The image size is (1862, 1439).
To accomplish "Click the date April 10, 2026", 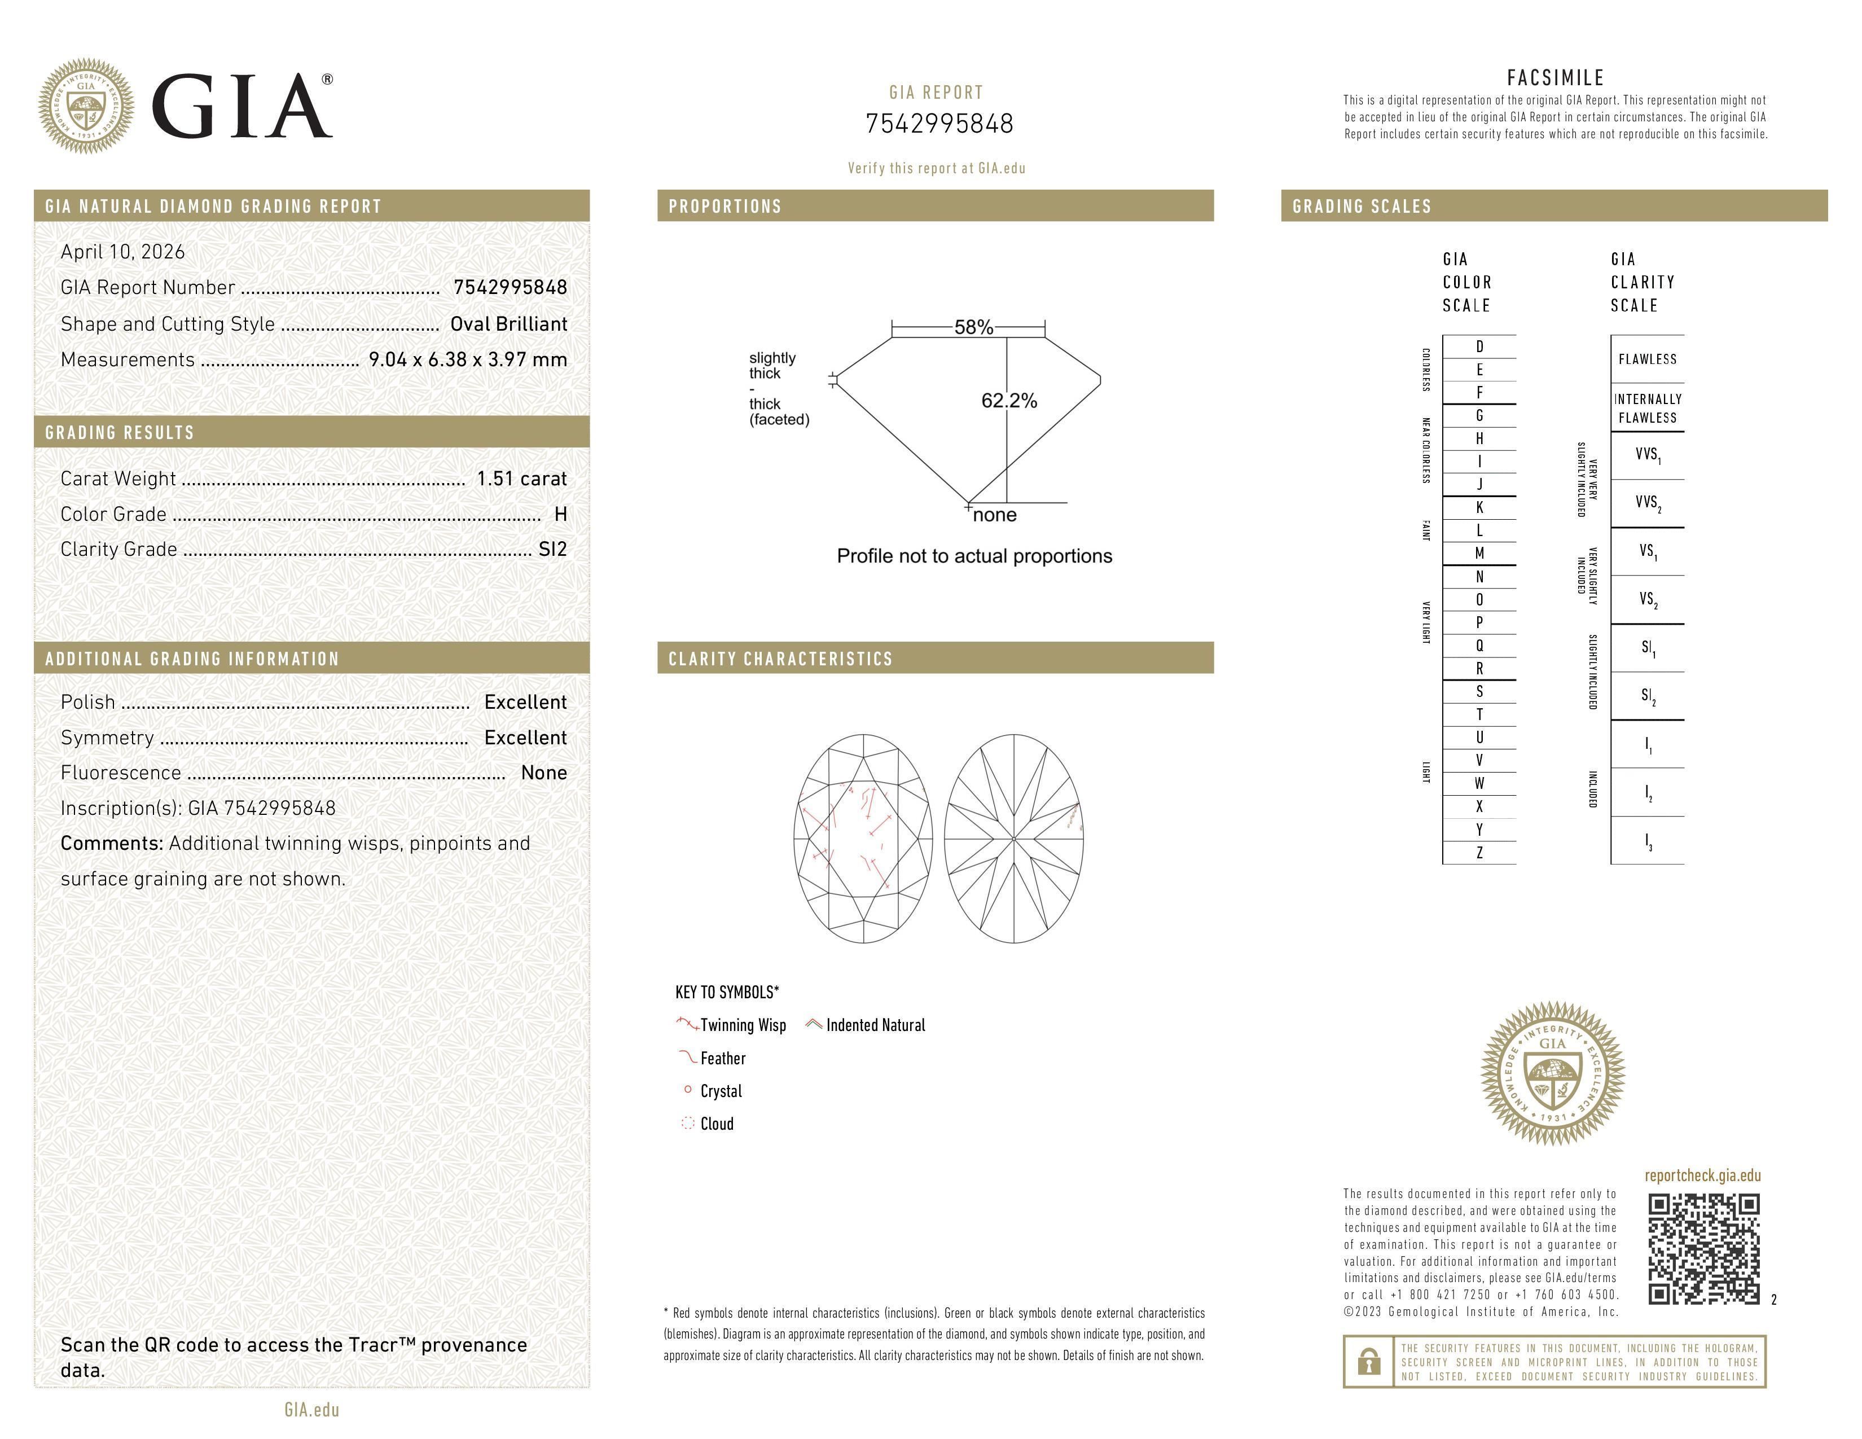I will pyautogui.click(x=123, y=252).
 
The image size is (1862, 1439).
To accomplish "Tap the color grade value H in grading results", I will pyautogui.click(x=560, y=514).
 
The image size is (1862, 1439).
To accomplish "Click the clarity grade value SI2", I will pyautogui.click(x=552, y=549).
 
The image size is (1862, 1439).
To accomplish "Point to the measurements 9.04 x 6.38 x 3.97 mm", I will pyautogui.click(x=467, y=360).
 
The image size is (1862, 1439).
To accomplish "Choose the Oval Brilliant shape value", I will pyautogui.click(x=508, y=324).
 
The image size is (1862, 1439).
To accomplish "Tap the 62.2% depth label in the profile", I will pyautogui.click(x=1009, y=401).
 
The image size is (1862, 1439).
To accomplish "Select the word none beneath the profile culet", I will pyautogui.click(x=994, y=515).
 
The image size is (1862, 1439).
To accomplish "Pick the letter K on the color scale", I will pyautogui.click(x=1479, y=507).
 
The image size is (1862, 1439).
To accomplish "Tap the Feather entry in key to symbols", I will pyautogui.click(x=722, y=1058).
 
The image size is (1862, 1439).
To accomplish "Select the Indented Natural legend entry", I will pyautogui.click(x=875, y=1025).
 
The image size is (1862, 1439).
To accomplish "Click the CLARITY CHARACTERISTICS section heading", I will pyautogui.click(x=780, y=659).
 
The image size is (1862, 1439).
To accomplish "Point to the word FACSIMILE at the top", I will pyautogui.click(x=1555, y=77).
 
